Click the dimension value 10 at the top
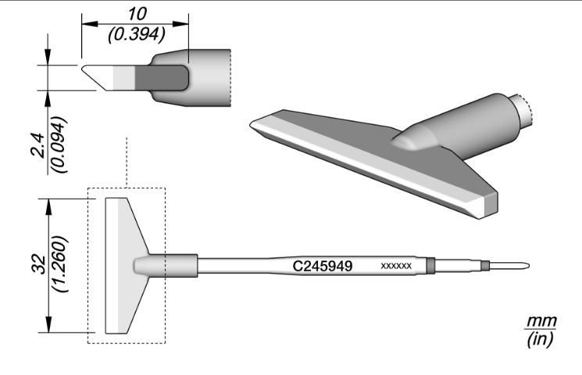[x=136, y=13]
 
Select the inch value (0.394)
[x=136, y=33]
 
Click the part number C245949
[x=323, y=266]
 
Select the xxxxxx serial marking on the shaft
[x=395, y=266]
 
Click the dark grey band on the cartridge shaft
[x=432, y=266]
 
